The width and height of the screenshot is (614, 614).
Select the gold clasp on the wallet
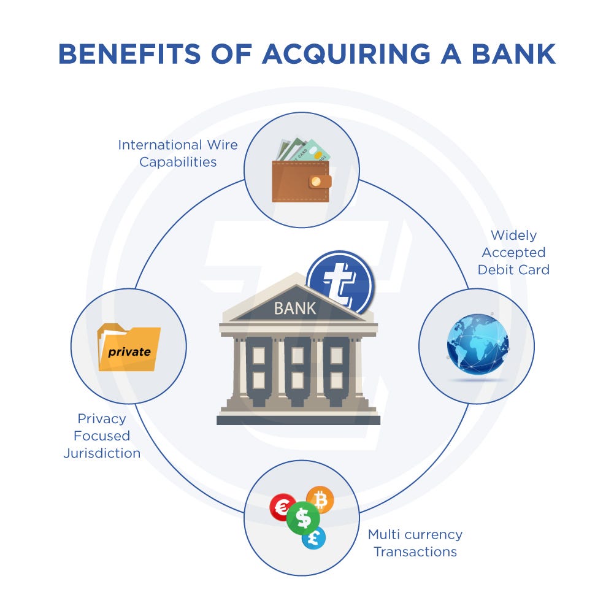coord(316,181)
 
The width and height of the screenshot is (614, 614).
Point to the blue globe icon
coord(478,344)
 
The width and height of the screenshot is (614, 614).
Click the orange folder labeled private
coord(129,348)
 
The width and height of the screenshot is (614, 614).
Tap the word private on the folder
coord(129,352)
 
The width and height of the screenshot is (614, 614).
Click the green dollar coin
coord(303,518)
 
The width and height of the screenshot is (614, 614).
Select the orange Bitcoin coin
coord(320,500)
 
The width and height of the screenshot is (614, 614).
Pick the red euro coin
coord(283,507)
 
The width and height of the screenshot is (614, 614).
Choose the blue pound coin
coord(313,538)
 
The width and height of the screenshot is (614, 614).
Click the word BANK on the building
coord(295,307)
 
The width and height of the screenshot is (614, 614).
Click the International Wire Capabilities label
coord(178,153)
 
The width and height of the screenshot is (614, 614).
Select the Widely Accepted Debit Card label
coord(513,252)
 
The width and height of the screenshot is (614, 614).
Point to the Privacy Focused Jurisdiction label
coord(102,436)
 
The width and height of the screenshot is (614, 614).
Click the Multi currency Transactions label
coord(415,543)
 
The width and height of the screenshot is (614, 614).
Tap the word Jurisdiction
coord(102,453)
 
